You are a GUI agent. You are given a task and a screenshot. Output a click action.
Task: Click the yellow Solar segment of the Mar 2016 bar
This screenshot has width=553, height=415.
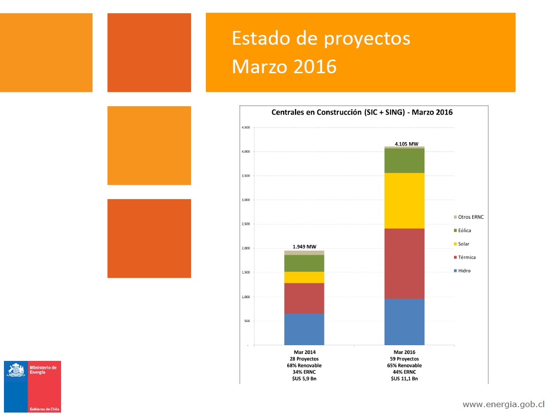click(404, 201)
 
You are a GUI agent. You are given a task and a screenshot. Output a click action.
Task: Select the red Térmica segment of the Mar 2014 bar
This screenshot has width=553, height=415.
click(304, 298)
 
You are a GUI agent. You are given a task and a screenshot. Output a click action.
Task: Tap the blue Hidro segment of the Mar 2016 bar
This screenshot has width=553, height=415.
click(404, 322)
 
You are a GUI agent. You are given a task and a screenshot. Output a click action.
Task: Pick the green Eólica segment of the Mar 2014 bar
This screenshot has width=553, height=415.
click(304, 263)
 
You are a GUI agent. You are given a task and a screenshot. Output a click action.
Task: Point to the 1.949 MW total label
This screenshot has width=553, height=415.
click(304, 247)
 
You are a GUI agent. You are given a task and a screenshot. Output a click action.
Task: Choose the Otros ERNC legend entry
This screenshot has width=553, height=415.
click(471, 217)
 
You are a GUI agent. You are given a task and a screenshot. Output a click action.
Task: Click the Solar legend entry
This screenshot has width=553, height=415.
click(463, 244)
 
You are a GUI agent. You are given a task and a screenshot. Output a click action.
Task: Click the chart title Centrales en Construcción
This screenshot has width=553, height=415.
click(362, 112)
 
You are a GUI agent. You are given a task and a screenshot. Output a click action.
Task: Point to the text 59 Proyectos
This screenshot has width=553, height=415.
click(404, 359)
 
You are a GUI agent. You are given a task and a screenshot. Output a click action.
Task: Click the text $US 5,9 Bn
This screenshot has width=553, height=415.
click(304, 379)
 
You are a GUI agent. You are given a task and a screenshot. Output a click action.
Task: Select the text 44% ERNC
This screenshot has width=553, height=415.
click(404, 372)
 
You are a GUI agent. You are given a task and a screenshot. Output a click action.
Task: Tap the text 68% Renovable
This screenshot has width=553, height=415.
click(304, 365)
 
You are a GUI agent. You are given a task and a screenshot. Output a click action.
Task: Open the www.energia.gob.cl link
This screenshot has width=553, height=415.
click(503, 404)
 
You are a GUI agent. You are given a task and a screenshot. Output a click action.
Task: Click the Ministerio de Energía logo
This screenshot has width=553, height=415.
click(33, 386)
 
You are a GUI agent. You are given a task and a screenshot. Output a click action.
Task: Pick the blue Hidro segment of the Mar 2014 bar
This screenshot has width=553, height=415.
click(304, 329)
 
